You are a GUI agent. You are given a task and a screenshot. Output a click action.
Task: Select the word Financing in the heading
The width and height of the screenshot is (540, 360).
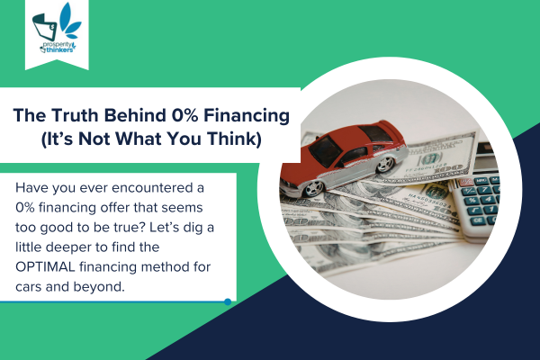247,116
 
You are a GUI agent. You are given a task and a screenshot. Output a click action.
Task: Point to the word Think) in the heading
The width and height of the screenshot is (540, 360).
234,139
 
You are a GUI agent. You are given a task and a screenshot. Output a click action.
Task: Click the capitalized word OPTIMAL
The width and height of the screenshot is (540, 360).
45,267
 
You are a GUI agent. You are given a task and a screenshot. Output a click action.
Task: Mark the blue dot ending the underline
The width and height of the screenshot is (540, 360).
228,301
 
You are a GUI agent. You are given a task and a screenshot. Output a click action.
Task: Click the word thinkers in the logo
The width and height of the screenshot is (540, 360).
60,49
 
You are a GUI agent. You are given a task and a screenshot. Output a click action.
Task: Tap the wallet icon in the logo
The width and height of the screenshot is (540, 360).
45,27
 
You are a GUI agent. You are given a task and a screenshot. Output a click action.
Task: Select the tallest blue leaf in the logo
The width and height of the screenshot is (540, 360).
66,16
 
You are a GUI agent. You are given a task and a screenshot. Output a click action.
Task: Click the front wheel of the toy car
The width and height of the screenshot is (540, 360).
314,188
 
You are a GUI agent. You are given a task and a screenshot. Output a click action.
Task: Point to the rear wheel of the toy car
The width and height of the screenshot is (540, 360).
385,165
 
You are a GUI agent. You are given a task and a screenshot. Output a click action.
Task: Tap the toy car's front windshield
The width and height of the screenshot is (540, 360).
325,150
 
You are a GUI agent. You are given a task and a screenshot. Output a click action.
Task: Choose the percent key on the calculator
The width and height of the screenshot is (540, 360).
472,201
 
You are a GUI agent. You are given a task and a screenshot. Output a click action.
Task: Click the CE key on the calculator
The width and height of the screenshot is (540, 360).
479,220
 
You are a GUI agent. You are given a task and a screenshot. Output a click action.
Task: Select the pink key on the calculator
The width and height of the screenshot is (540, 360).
466,182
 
